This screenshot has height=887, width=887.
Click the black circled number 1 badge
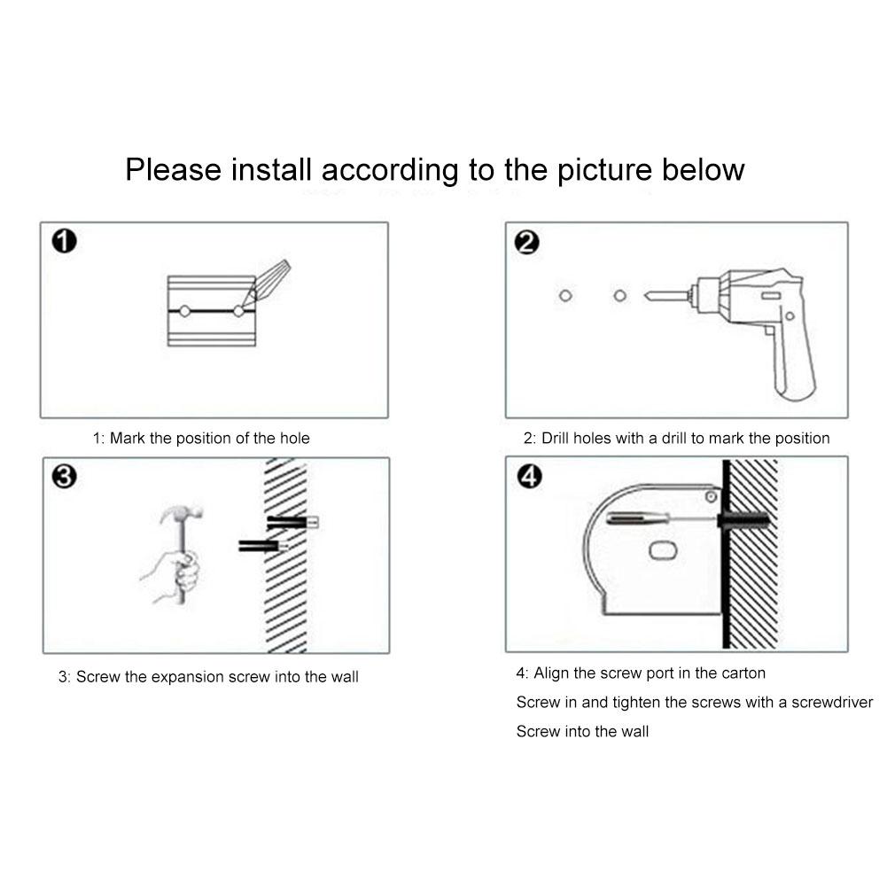point(65,241)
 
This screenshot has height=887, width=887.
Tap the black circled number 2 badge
point(526,242)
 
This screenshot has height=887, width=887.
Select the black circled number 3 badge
point(65,477)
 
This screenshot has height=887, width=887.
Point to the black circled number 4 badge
point(530,477)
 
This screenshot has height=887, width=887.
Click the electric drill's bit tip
point(646,296)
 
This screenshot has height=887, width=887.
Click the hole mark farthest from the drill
point(565,295)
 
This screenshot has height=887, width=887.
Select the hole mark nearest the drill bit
point(620,295)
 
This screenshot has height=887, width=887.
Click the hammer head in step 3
point(181,513)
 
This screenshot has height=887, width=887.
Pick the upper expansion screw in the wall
point(292,522)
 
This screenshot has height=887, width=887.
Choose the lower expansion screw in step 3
point(263,547)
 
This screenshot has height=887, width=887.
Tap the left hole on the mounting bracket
point(184,311)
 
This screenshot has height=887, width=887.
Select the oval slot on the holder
point(663,550)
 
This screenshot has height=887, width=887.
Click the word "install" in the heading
point(271,170)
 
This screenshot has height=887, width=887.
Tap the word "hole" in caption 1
point(295,439)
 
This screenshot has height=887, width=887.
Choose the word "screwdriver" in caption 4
point(832,703)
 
